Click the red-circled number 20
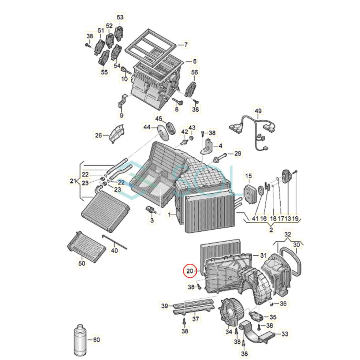[190, 272]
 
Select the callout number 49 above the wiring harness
[258, 111]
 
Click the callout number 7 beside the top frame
[185, 45]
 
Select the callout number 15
[248, 176]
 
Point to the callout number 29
[237, 154]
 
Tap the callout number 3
[152, 220]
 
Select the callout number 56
[194, 72]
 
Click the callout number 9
[122, 116]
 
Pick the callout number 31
[263, 255]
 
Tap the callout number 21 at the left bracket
[72, 181]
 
